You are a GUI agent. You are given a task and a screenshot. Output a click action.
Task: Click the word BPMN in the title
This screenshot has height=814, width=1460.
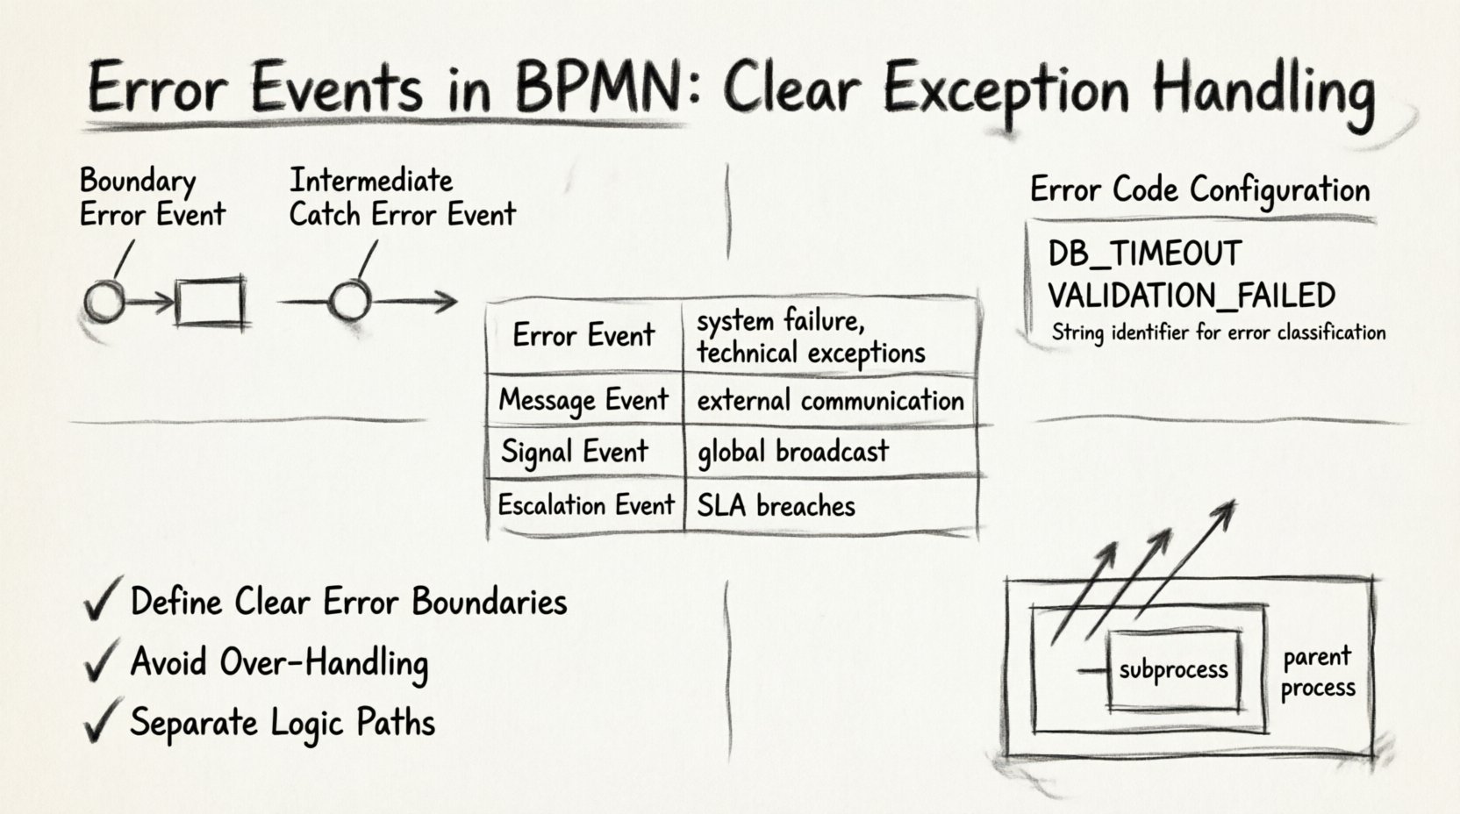(x=598, y=89)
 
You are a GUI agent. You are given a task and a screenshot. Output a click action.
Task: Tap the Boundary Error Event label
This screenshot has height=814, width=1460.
(x=152, y=197)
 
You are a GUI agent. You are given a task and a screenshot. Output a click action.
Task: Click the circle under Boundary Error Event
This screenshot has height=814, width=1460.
(x=104, y=303)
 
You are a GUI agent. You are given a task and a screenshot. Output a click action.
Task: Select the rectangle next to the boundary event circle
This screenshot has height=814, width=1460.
(x=210, y=303)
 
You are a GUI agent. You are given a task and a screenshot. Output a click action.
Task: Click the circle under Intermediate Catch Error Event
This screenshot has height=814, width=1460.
(x=349, y=302)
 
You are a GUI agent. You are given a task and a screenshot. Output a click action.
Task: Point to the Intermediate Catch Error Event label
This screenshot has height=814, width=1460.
(x=402, y=197)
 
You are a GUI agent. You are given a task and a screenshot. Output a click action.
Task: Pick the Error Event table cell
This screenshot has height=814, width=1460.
(x=583, y=335)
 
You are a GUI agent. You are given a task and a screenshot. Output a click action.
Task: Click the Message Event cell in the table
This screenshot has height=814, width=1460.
(x=583, y=401)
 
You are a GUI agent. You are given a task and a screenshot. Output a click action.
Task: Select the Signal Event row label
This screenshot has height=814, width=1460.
(x=575, y=452)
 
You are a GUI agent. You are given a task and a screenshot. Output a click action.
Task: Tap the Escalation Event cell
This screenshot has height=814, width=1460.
(x=585, y=505)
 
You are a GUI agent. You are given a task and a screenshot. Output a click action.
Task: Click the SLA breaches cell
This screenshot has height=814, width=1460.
(x=776, y=506)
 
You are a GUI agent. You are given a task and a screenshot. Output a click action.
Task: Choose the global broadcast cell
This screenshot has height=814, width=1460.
(x=792, y=452)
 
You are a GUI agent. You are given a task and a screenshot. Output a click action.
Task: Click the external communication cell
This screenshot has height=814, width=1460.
(x=830, y=401)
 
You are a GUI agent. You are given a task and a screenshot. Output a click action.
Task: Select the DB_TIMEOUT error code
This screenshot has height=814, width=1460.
(x=1144, y=254)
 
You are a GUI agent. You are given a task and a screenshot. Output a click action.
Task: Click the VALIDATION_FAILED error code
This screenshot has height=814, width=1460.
(x=1191, y=296)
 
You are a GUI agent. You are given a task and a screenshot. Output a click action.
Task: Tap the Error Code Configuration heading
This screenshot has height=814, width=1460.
(x=1199, y=189)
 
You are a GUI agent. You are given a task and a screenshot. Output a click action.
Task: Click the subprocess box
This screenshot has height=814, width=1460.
(x=1174, y=670)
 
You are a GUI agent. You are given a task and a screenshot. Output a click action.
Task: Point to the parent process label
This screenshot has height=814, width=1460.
(x=1317, y=672)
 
